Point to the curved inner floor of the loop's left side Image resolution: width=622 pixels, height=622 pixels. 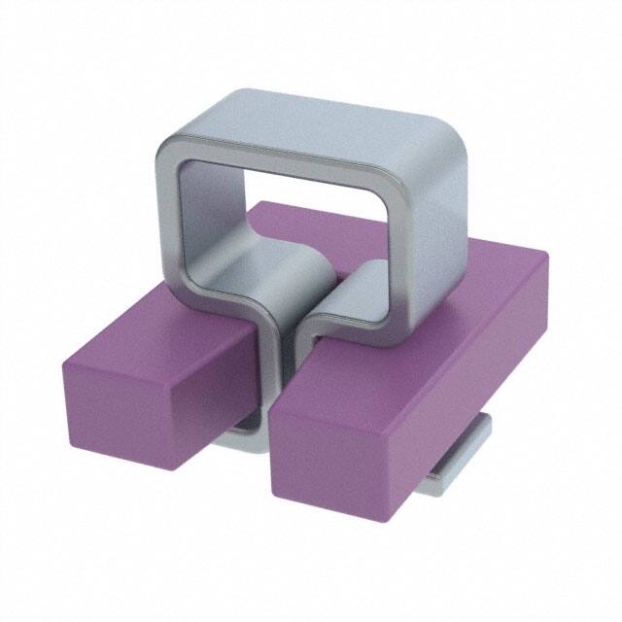(x=243, y=282)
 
